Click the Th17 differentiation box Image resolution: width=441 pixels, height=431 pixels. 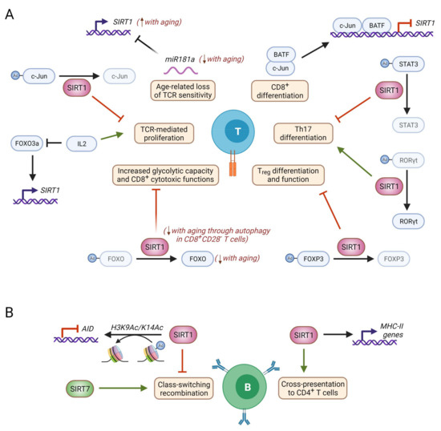298,132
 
